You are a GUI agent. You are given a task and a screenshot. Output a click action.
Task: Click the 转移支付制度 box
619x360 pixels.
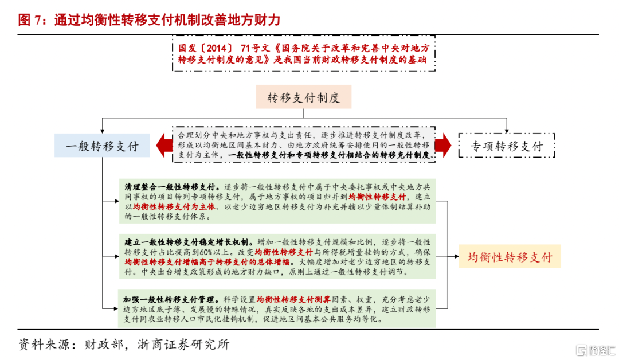coord(304,98)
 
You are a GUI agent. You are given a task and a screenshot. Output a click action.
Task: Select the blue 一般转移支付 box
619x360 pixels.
coord(103,146)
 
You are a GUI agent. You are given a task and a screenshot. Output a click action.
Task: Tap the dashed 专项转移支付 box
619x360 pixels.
coord(507,146)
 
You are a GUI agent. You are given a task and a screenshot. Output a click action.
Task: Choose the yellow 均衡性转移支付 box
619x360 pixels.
coord(510,256)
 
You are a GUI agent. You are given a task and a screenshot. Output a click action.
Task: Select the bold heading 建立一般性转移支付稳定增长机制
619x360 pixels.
coord(186,241)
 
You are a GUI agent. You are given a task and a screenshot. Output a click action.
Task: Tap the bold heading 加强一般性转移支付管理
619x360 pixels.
coord(168,299)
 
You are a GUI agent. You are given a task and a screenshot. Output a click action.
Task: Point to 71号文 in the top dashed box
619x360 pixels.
coord(257,48)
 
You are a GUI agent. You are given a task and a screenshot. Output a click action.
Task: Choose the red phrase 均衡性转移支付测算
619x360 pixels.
coord(293,299)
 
